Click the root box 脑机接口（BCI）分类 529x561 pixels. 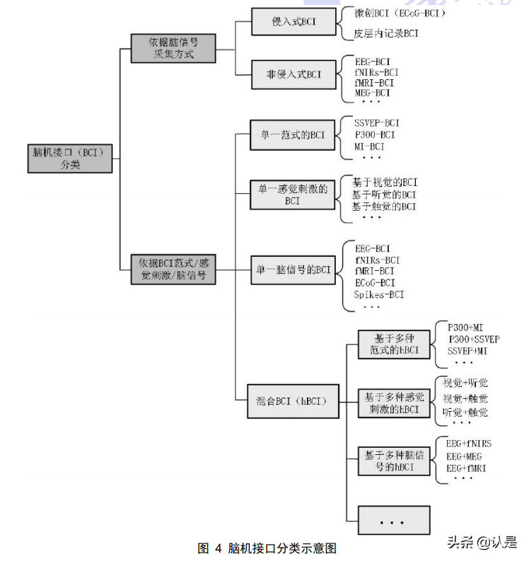[69, 158]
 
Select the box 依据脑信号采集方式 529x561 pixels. [173, 48]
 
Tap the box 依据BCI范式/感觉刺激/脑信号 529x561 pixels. [173, 269]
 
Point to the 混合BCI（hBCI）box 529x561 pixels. [292, 400]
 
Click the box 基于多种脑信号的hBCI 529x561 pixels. [393, 461]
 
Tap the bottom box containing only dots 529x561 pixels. [393, 521]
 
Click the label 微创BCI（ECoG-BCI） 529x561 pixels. [400, 13]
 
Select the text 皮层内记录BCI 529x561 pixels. [386, 33]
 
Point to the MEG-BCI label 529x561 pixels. [373, 93]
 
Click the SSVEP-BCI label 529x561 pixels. [377, 123]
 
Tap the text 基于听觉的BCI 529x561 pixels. [384, 195]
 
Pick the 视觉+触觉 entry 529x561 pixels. [465, 398]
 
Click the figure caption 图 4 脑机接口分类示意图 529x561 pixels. [267, 548]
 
